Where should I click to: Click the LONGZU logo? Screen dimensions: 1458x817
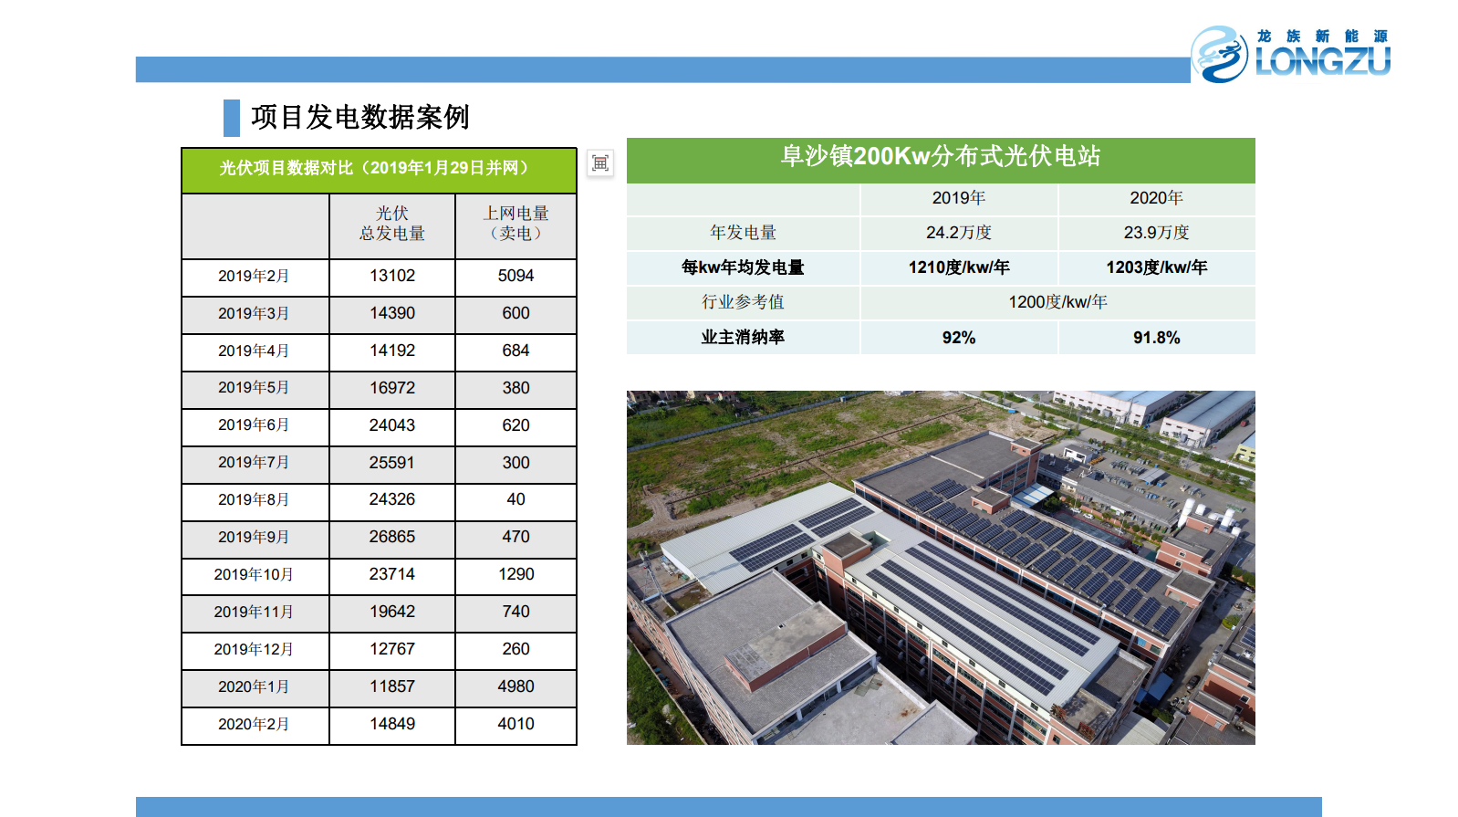(1291, 55)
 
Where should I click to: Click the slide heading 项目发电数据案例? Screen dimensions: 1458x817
(360, 117)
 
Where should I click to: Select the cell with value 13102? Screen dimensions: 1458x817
(391, 276)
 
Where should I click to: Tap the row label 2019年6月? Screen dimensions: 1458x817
(254, 425)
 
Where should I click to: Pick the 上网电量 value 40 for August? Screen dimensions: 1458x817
(516, 499)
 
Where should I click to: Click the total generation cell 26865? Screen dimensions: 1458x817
(391, 537)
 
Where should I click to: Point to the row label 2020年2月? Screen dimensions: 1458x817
(254, 724)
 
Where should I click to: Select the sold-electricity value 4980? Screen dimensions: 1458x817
(516, 686)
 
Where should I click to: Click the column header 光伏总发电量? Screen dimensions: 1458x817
(391, 224)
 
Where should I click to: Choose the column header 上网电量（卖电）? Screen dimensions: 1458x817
(516, 224)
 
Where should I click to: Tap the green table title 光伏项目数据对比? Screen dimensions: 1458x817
(378, 168)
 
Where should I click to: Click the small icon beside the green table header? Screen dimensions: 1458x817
(600, 162)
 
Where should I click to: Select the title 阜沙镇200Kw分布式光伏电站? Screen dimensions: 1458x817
(941, 156)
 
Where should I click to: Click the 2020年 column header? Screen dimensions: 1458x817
(1156, 198)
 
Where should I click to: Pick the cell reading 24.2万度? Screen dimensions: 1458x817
(959, 233)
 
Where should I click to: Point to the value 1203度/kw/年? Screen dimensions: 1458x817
(1157, 267)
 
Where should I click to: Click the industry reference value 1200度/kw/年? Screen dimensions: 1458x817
(1057, 302)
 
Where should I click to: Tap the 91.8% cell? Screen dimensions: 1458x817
(1157, 337)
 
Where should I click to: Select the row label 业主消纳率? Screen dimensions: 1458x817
(743, 337)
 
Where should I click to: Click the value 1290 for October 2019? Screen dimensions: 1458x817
(516, 574)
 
